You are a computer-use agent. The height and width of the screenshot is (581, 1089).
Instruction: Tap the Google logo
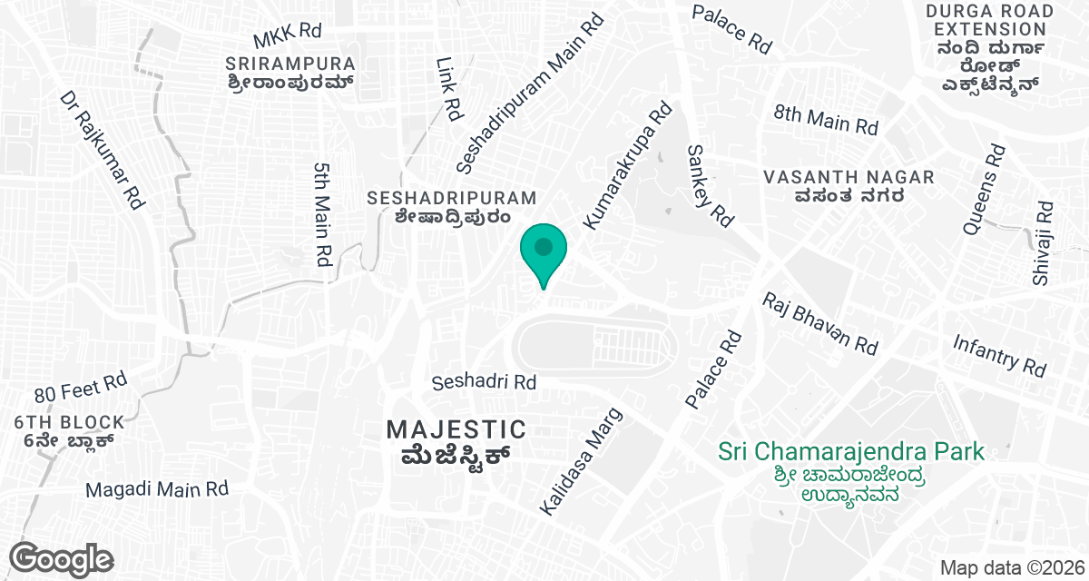tap(62, 558)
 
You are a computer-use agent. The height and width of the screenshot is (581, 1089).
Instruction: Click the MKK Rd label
tap(288, 35)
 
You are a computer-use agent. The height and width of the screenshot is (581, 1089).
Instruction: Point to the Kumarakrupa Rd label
tap(628, 164)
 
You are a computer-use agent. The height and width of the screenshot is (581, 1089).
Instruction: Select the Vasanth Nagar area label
tap(849, 186)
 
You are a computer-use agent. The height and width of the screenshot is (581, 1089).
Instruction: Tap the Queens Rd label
tap(984, 190)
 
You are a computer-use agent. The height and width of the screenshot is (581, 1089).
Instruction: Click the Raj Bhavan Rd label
tap(819, 323)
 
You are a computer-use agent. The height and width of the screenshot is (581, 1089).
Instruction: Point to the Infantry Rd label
tap(999, 355)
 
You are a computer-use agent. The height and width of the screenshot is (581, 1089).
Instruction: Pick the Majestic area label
tap(456, 439)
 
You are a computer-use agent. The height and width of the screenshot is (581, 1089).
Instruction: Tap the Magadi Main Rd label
tap(157, 489)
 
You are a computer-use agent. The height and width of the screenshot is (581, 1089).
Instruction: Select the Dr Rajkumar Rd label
tap(103, 152)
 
